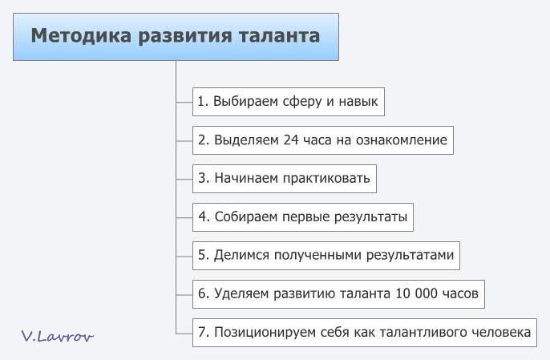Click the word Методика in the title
pyautogui.click(x=81, y=36)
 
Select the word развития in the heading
pyautogui.click(x=185, y=36)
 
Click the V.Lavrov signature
pyautogui.click(x=57, y=336)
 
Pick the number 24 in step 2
pyautogui.click(x=291, y=140)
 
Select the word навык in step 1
pyautogui.click(x=358, y=102)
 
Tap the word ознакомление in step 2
pyautogui.click(x=401, y=140)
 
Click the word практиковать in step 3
pyautogui.click(x=326, y=178)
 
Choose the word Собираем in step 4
pyautogui.click(x=245, y=216)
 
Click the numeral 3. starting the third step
pyautogui.click(x=204, y=178)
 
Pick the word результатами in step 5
pyautogui.click(x=410, y=255)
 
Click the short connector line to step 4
pyautogui.click(x=184, y=217)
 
